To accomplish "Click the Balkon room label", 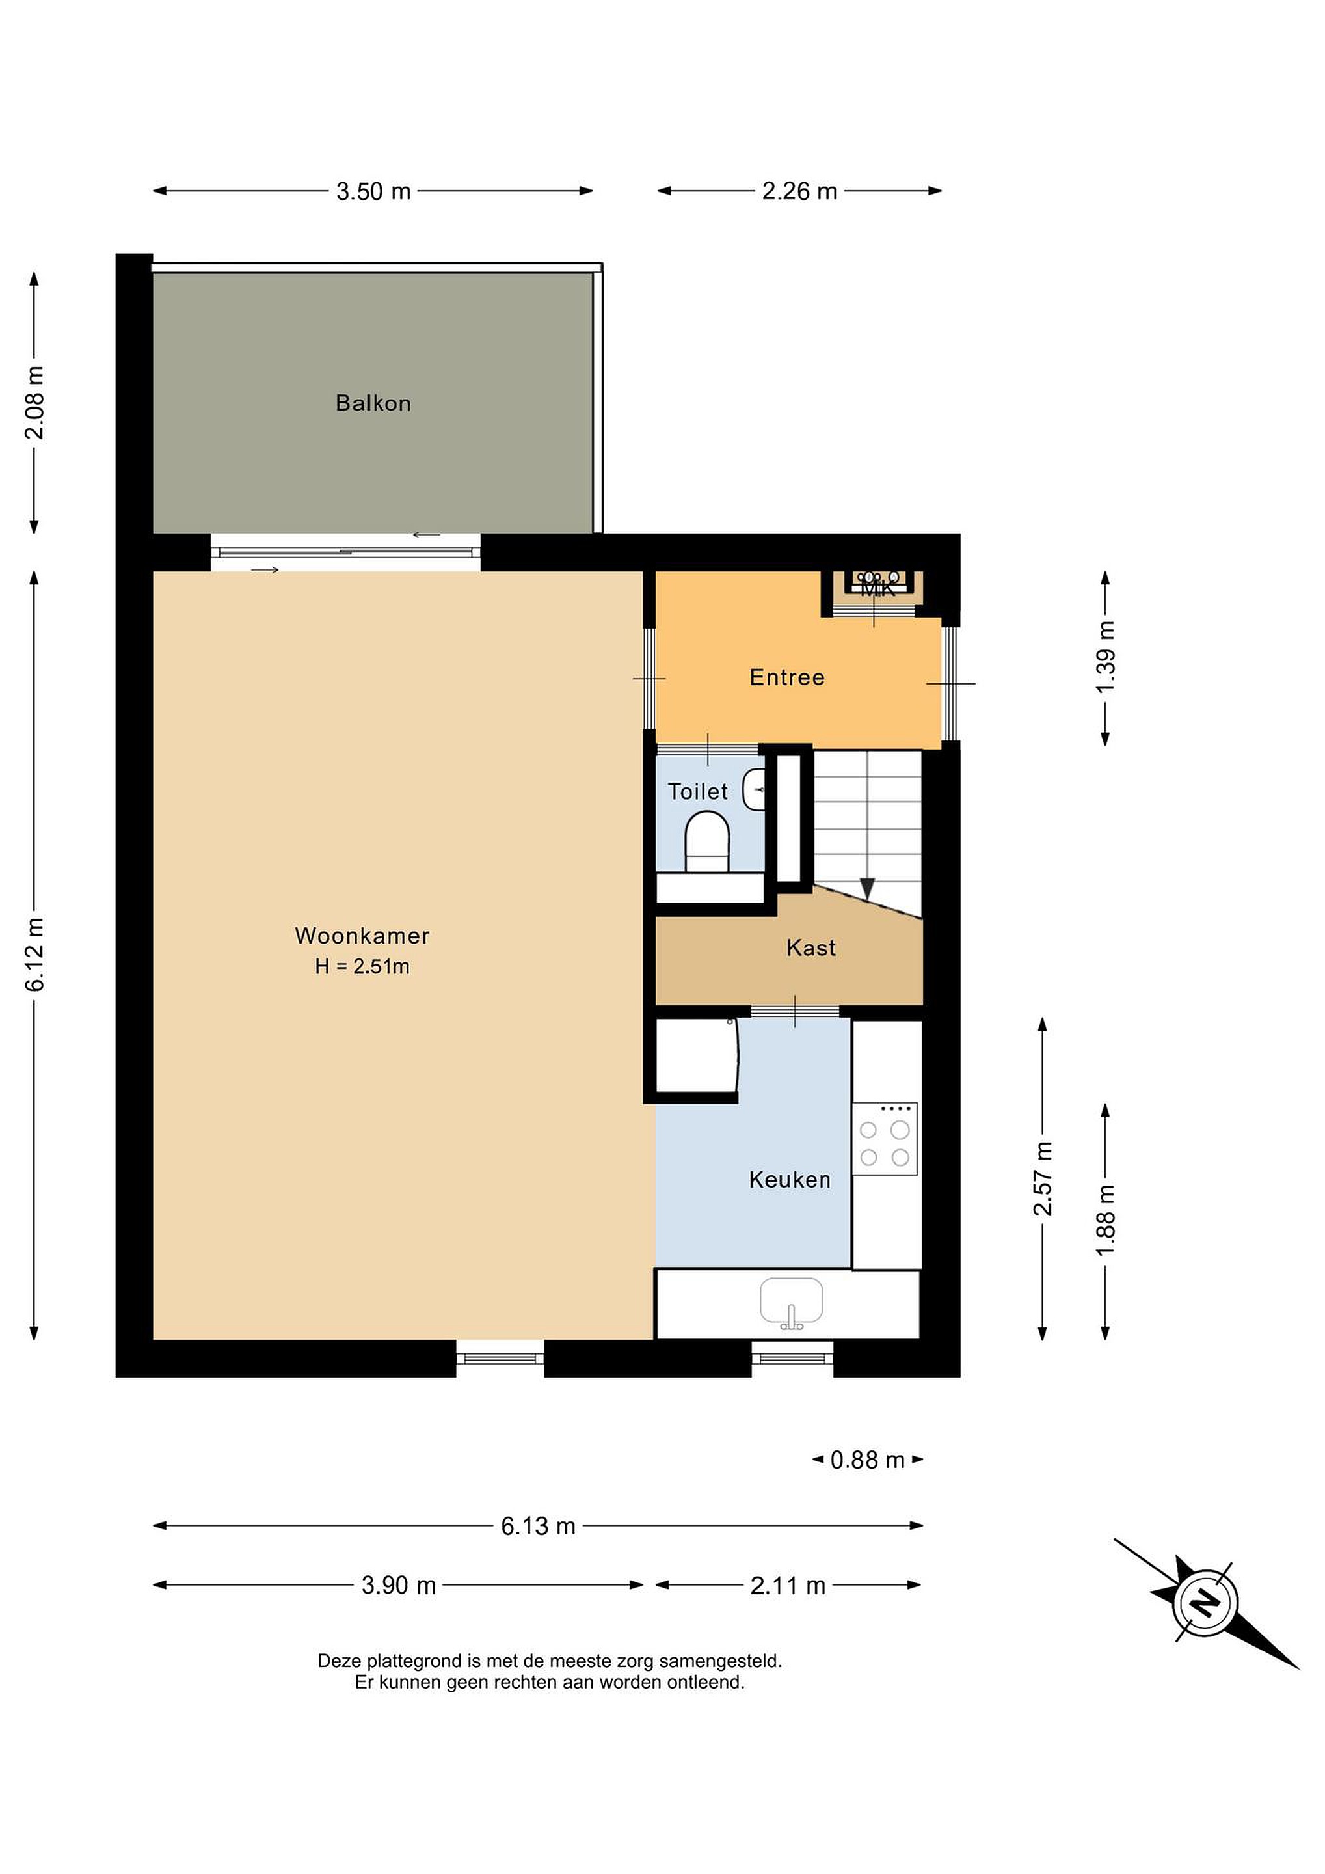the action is (373, 403).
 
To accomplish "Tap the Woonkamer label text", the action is (362, 935).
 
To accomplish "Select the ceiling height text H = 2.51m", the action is (362, 966).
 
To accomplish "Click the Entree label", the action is (786, 677).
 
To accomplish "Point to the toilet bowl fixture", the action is (706, 844).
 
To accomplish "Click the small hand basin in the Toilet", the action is (754, 789).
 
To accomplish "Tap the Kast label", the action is (811, 947).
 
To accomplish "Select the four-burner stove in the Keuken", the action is (885, 1139).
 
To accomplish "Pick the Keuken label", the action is (790, 1180).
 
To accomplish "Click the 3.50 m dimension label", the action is (373, 191).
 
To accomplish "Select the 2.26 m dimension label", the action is (799, 191).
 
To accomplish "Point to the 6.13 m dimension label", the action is (538, 1525).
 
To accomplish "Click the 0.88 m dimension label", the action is (867, 1460).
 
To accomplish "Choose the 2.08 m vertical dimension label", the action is (35, 402).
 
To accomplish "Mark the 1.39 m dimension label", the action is (1106, 657).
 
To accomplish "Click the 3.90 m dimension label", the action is (399, 1585).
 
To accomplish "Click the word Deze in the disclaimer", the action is (340, 1660).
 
